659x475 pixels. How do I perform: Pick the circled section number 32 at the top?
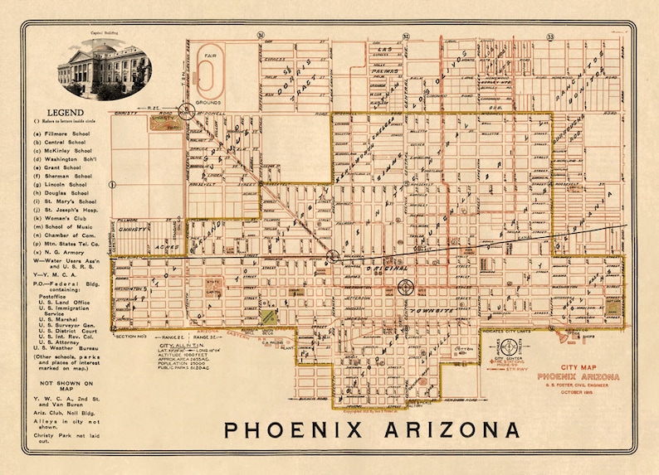(x=407, y=36)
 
